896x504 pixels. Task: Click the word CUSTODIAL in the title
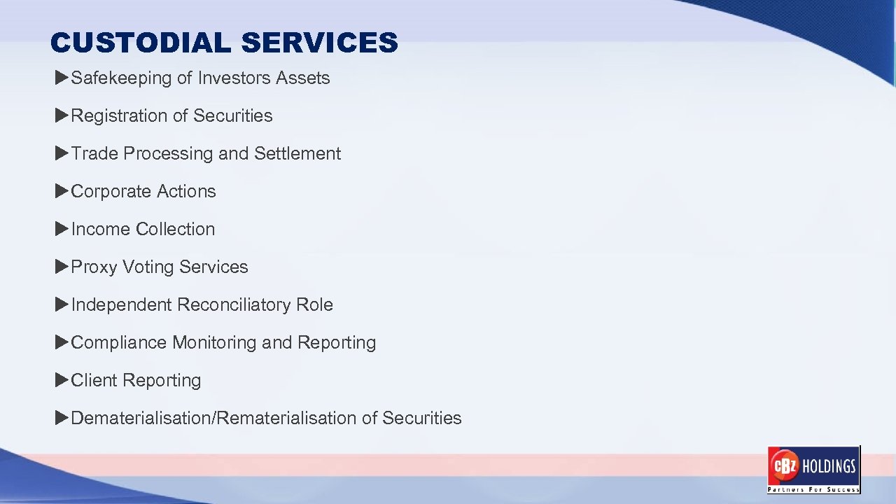click(140, 43)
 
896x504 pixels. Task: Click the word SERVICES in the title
click(319, 43)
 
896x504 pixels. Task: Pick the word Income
click(101, 229)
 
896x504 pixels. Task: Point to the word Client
click(94, 380)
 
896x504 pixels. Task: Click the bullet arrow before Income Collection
click(62, 228)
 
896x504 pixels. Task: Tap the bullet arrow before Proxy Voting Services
click(62, 266)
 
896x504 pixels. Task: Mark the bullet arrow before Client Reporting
click(62, 379)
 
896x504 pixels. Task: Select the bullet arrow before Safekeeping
click(62, 77)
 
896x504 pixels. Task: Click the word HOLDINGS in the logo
click(829, 466)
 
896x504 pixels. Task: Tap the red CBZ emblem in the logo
click(784, 466)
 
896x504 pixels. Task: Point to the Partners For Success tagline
click(813, 489)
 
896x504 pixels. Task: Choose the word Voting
click(148, 267)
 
